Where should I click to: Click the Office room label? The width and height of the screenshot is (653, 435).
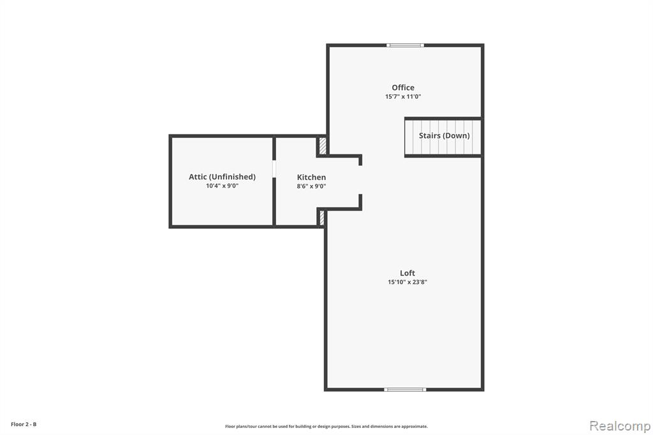pyautogui.click(x=403, y=87)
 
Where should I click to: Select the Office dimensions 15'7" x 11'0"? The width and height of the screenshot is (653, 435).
pyautogui.click(x=403, y=97)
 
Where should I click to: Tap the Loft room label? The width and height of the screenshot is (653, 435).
pyautogui.click(x=407, y=273)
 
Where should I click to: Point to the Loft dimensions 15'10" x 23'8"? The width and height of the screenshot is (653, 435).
pyautogui.click(x=407, y=282)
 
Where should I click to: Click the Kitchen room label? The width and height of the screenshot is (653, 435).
pyautogui.click(x=311, y=177)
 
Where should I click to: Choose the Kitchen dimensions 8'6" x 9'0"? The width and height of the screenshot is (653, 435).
pyautogui.click(x=311, y=186)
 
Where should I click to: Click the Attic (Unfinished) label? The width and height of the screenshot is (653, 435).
pyautogui.click(x=222, y=177)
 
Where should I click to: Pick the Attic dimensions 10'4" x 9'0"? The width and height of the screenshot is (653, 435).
pyautogui.click(x=222, y=186)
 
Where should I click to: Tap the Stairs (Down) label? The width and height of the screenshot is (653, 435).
pyautogui.click(x=444, y=135)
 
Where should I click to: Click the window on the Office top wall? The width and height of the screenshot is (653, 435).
pyautogui.click(x=405, y=45)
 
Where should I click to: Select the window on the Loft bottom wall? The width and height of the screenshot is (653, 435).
pyautogui.click(x=405, y=390)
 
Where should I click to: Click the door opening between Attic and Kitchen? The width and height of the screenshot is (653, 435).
pyautogui.click(x=274, y=169)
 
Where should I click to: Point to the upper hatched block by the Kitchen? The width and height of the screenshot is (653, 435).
pyautogui.click(x=322, y=146)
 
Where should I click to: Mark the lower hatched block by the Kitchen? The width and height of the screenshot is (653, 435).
pyautogui.click(x=321, y=218)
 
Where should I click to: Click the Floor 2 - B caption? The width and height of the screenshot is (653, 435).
pyautogui.click(x=24, y=424)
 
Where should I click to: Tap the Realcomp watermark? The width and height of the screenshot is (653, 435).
pyautogui.click(x=620, y=426)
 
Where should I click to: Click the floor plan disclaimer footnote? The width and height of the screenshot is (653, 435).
pyautogui.click(x=326, y=426)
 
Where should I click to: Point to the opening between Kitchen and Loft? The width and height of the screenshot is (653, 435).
pyautogui.click(x=360, y=180)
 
